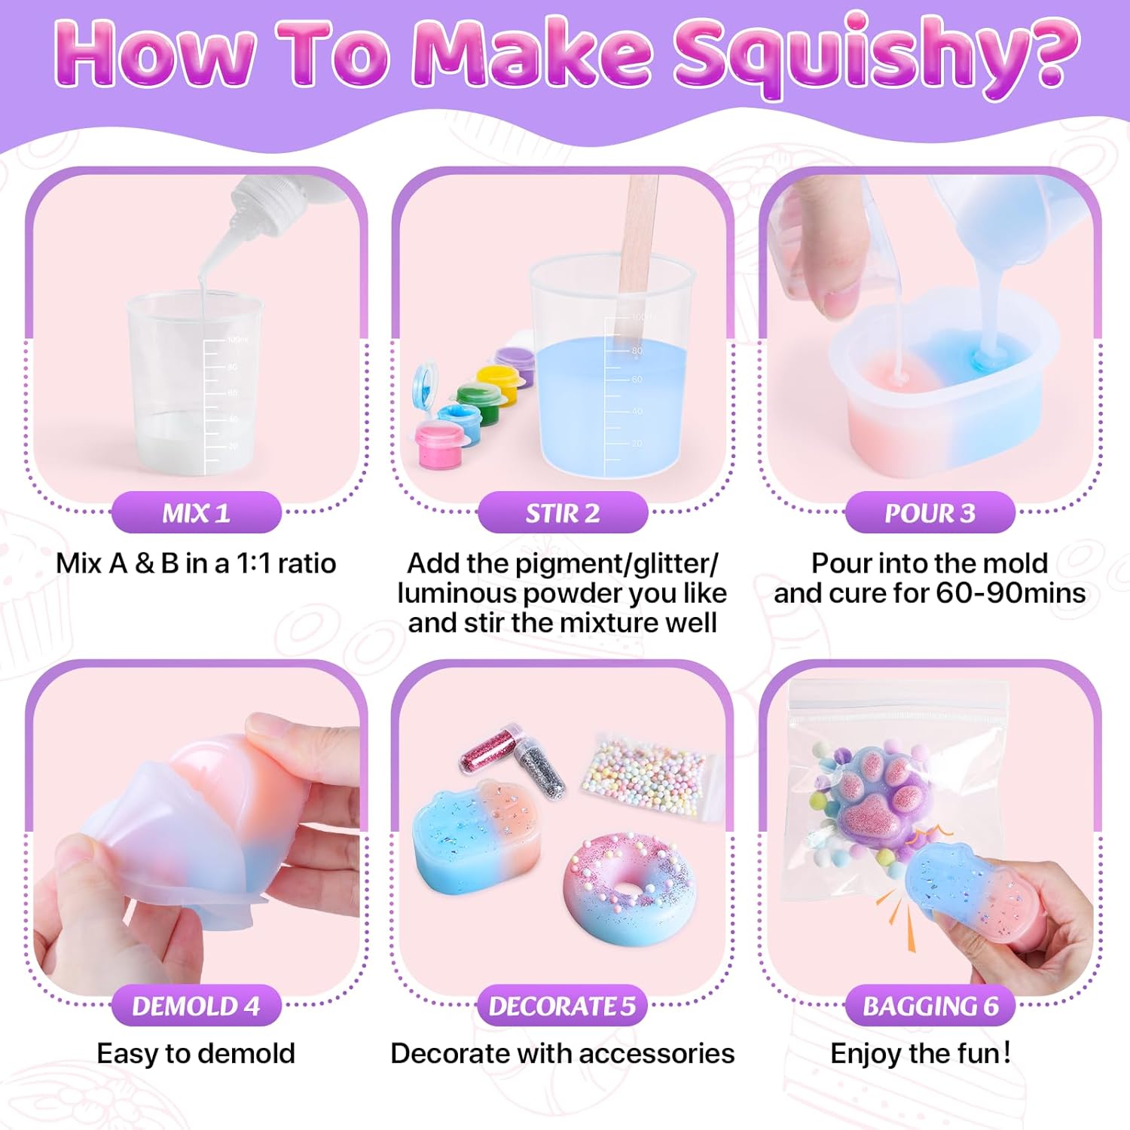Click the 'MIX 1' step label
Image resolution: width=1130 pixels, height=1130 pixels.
tap(196, 513)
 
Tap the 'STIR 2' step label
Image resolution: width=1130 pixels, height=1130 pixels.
tap(563, 513)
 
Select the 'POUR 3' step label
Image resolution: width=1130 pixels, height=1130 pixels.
tap(930, 513)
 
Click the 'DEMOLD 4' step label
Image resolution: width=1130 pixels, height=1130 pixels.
tap(196, 1006)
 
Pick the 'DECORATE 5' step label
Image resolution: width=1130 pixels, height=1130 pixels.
tap(563, 1006)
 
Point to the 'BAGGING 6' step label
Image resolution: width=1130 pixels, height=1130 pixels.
tap(930, 1006)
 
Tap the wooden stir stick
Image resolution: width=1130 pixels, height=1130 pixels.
tap(637, 241)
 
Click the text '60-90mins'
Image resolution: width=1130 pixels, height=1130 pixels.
tap(1010, 593)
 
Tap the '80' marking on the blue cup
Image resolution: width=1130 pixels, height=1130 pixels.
tap(637, 351)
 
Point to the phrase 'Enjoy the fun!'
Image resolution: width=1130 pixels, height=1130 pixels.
tap(920, 1053)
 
